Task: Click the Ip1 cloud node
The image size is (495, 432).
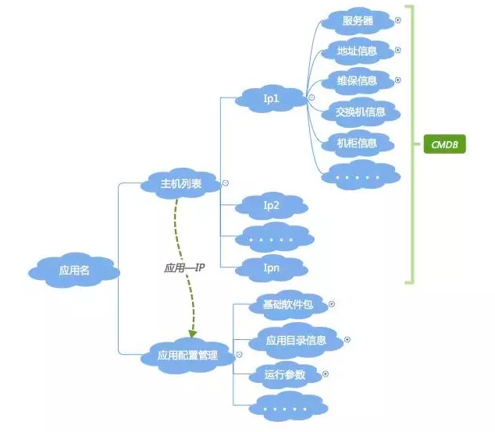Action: point(271,98)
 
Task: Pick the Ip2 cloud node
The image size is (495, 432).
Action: point(271,206)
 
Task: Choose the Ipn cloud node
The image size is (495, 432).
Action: point(271,268)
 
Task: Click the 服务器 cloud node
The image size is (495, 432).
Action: point(357,21)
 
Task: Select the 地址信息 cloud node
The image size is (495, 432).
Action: point(357,51)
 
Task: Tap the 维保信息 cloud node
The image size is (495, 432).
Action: point(357,81)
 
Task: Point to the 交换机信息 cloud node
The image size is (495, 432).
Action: point(361,112)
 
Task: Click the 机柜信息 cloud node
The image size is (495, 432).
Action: point(357,143)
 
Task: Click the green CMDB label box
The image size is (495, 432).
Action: point(444,144)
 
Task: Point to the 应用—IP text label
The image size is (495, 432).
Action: point(184,267)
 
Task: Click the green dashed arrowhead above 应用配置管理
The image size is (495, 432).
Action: point(193,332)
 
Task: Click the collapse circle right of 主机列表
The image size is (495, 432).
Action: point(226,184)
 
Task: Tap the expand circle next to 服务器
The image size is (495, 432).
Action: point(397,21)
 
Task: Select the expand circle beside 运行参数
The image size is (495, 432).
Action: point(326,374)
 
